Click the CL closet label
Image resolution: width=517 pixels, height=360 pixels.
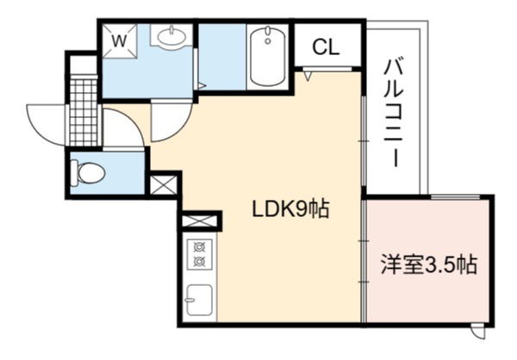tap(326, 47)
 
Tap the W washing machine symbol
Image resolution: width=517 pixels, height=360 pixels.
tap(120, 40)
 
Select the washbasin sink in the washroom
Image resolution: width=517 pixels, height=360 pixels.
tap(171, 35)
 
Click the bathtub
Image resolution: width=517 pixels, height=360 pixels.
tap(267, 56)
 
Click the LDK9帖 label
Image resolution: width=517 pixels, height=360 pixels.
tap(290, 209)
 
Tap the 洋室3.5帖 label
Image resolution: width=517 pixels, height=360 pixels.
tap(429, 264)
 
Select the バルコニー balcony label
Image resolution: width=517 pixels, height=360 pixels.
tap(394, 112)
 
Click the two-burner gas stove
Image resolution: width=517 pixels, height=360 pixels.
tap(200, 254)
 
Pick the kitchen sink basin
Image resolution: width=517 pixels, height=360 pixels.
tap(200, 300)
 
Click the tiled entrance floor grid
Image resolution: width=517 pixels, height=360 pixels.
tap(84, 110)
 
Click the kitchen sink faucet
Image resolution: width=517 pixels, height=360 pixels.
tap(190, 300)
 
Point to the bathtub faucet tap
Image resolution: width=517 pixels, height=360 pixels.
tap(268, 35)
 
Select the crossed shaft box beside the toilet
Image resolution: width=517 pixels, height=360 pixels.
tap(164, 184)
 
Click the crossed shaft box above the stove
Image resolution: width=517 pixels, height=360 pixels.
tap(200, 220)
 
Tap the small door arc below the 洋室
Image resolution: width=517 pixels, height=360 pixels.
tap(479, 333)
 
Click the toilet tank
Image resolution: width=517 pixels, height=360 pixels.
tap(74, 172)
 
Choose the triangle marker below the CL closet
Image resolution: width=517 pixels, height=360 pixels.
tap(308, 77)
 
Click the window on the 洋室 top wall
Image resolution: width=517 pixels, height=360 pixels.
tap(455, 197)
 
